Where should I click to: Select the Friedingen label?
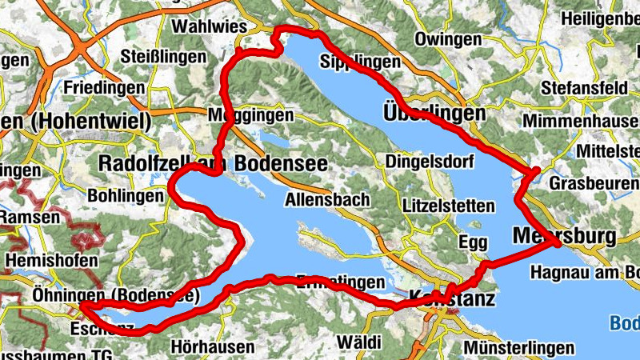[100, 86]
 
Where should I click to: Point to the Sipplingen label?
[359, 62]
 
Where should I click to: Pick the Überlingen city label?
[434, 113]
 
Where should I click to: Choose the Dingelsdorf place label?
[430, 162]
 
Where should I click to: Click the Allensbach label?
[326, 198]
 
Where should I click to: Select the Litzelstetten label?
[449, 206]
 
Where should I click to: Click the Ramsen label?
[28, 217]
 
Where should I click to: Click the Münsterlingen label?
[518, 348]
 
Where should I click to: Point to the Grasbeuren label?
[594, 184]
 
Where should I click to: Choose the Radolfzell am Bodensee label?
[212, 162]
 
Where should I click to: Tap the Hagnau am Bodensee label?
[585, 272]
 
